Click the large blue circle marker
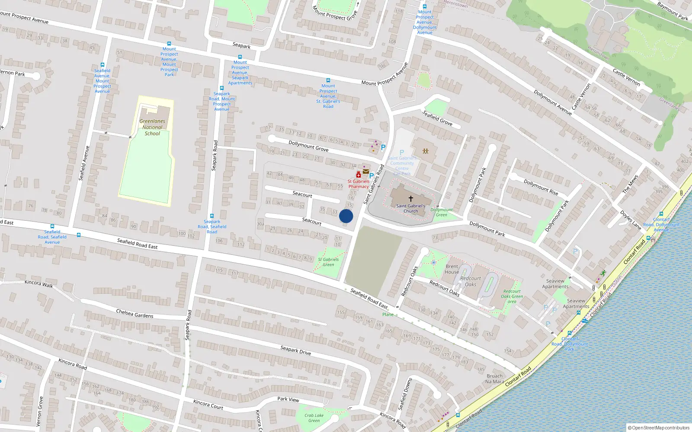346,216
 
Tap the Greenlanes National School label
152,127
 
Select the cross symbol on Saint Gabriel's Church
410,199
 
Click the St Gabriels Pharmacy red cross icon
359,175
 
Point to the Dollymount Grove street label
308,146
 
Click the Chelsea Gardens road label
135,314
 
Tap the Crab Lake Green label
314,418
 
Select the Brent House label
452,269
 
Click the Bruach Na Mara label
494,379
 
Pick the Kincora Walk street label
39,283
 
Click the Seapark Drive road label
295,350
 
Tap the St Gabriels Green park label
328,262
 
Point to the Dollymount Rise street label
541,187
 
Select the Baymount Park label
672,11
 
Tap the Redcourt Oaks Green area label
512,296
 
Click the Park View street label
288,399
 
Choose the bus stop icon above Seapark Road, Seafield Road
212,216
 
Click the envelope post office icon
366,172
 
